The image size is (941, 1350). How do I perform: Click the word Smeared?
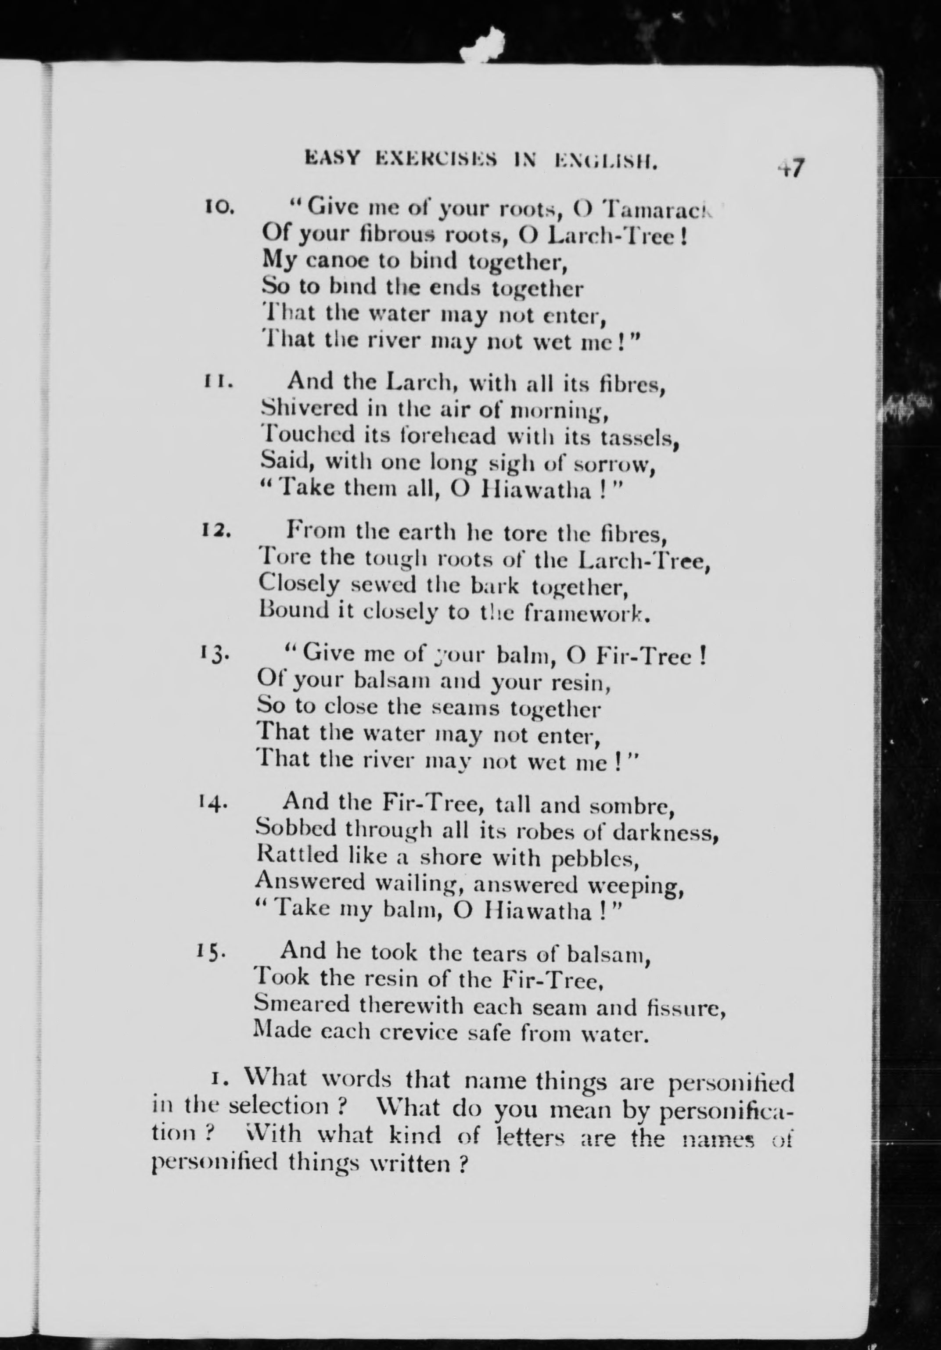click(301, 1003)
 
